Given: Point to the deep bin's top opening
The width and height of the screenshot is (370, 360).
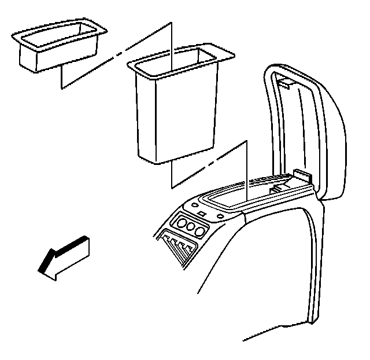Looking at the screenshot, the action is (180, 58).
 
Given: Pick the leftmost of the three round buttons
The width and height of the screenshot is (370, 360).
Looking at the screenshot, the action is (180, 224).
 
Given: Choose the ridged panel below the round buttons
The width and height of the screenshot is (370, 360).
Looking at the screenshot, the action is (179, 247).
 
